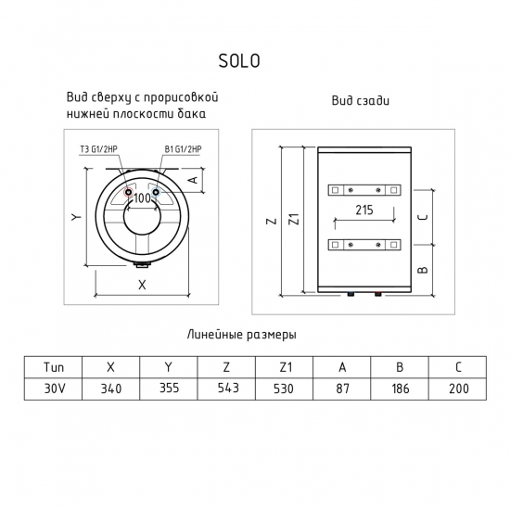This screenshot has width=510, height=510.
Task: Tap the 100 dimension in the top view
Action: point(142,198)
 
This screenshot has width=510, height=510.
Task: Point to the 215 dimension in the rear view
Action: point(363,210)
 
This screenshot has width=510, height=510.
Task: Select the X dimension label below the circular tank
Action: point(142,286)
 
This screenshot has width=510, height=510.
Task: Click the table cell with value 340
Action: point(111,388)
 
